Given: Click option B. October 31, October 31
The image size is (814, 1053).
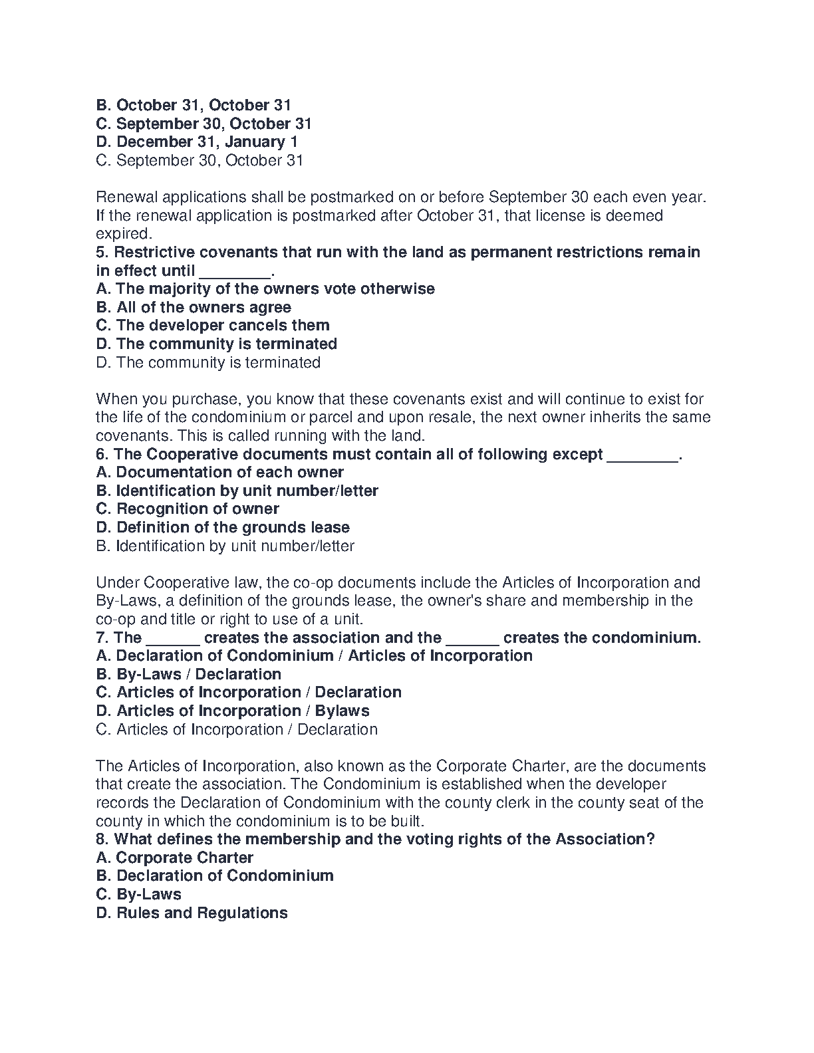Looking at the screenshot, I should [x=194, y=105].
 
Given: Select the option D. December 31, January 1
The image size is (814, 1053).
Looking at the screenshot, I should [x=197, y=142].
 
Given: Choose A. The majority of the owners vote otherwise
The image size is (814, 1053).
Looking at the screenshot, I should [x=265, y=289].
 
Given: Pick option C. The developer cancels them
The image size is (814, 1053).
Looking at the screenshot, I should [x=213, y=326].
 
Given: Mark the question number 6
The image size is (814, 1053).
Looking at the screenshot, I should [x=102, y=455].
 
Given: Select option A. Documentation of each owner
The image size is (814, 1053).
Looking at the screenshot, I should [x=220, y=473].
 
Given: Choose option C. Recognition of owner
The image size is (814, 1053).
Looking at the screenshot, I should [x=188, y=509].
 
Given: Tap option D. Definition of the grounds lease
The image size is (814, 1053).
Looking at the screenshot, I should [x=223, y=528].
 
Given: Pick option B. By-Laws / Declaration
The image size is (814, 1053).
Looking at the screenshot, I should [x=189, y=675].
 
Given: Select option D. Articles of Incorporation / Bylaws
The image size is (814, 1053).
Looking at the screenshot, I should [x=233, y=711].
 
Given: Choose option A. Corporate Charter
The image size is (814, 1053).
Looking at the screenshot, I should [x=175, y=858].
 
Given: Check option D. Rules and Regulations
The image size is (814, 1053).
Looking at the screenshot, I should [x=192, y=913].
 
